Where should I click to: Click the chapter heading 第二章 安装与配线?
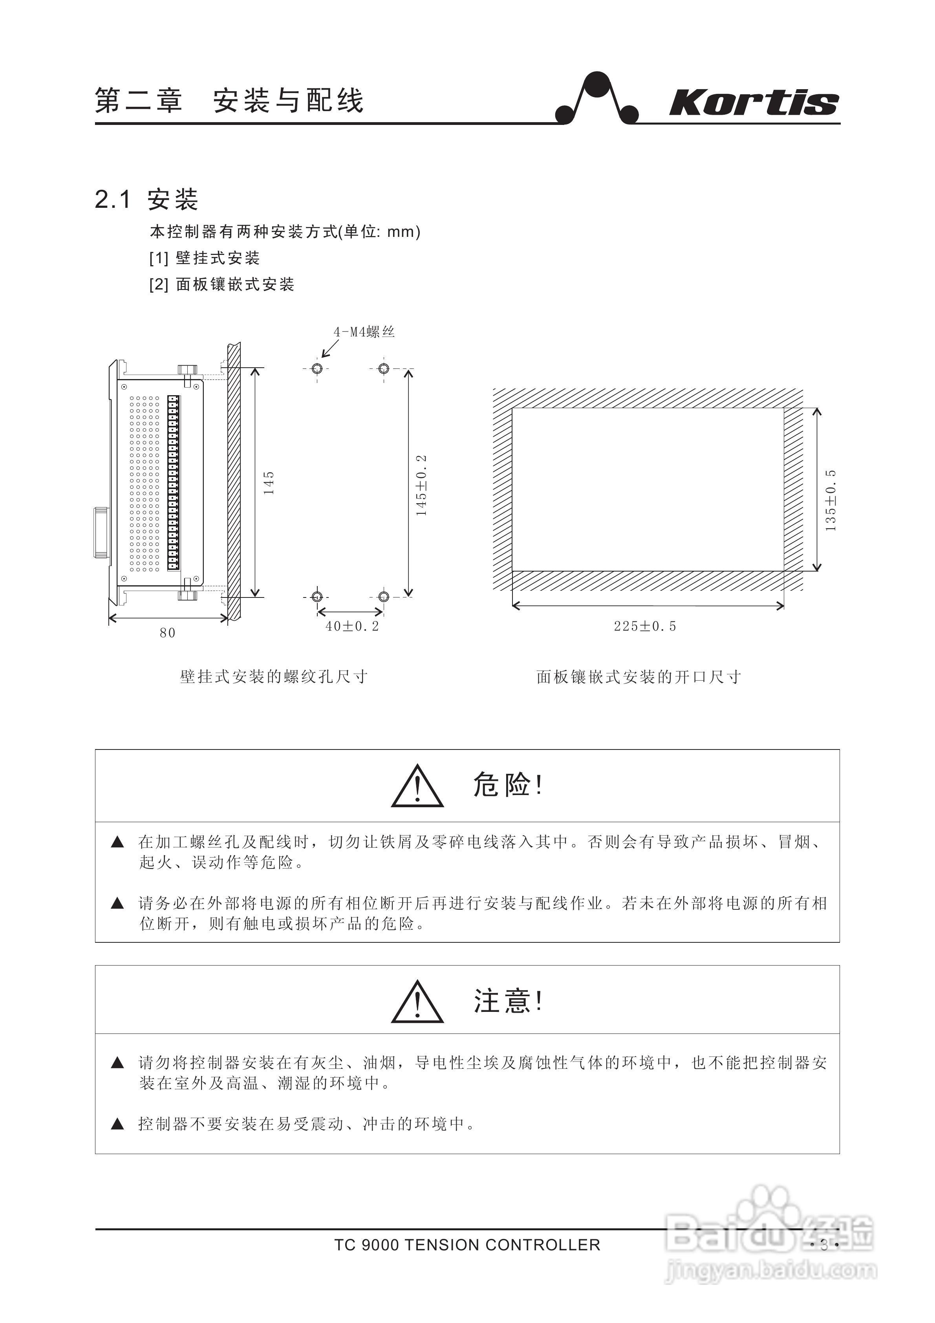pyautogui.click(x=229, y=100)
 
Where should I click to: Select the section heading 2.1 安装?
pyautogui.click(x=146, y=200)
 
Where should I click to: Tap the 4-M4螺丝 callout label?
pyautogui.click(x=364, y=332)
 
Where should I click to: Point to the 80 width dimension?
pyautogui.click(x=168, y=633)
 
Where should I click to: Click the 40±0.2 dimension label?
pyautogui.click(x=352, y=627)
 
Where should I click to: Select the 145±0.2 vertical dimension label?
pyautogui.click(x=422, y=485)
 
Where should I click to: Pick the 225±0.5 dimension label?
pyautogui.click(x=645, y=627)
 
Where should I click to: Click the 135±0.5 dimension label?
pyautogui.click(x=831, y=500)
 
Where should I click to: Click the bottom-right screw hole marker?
pyautogui.click(x=384, y=596)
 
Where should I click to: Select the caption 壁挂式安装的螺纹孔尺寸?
pyautogui.click(x=274, y=676)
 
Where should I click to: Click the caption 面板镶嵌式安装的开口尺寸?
pyautogui.click(x=638, y=676)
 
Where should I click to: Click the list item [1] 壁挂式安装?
pyautogui.click(x=205, y=258)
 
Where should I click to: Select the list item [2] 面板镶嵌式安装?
pyautogui.click(x=222, y=284)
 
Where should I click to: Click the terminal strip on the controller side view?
pyautogui.click(x=173, y=483)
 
